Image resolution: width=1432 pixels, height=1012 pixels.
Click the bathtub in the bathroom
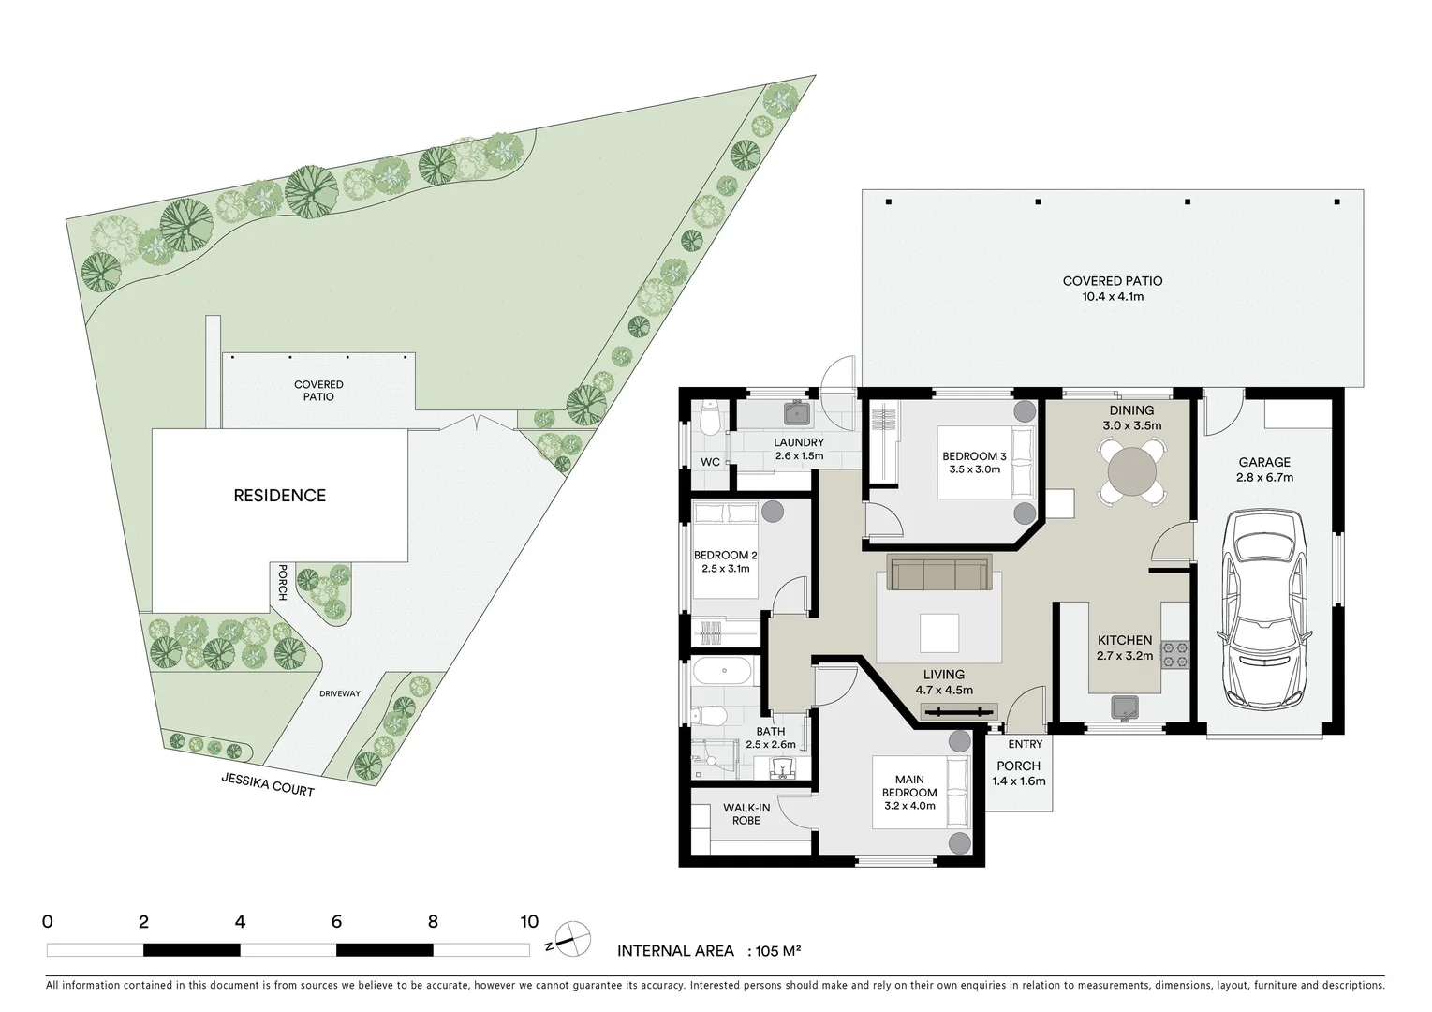click(721, 672)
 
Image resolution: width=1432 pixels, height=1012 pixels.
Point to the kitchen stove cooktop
click(1174, 655)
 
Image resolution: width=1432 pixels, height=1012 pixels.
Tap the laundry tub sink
click(797, 413)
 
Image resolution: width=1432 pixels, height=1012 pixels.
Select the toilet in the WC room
click(710, 420)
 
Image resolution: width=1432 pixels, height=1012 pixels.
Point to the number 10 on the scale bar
click(529, 922)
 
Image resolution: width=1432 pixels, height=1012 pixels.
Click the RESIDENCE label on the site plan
click(279, 496)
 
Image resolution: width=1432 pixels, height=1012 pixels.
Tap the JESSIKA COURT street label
click(268, 784)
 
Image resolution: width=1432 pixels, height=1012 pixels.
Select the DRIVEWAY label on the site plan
click(339, 693)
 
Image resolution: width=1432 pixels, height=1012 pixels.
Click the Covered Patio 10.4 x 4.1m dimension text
click(1112, 297)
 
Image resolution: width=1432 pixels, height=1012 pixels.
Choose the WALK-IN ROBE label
click(746, 814)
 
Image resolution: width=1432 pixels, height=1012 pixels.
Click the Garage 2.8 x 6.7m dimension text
click(1264, 477)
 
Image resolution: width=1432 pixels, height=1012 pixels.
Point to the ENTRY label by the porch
click(1025, 744)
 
